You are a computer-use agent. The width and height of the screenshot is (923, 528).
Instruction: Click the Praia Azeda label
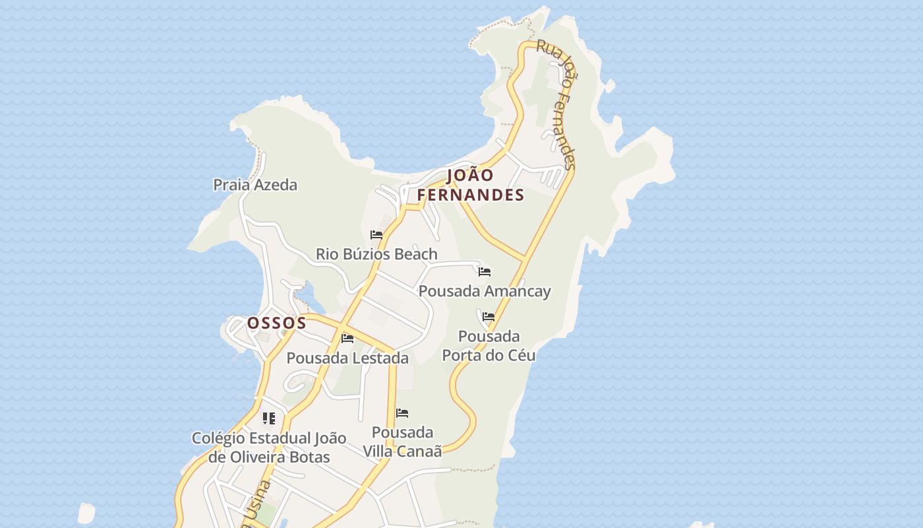(x=255, y=185)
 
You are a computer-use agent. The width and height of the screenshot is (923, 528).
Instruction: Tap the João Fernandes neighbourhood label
(x=471, y=185)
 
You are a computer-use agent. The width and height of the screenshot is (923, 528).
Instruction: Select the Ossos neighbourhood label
(x=277, y=323)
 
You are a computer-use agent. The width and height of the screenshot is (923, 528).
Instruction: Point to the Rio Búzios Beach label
(x=376, y=254)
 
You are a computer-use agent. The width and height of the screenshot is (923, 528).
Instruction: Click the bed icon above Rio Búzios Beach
(x=376, y=235)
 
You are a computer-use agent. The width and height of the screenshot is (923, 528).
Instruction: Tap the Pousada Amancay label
(x=485, y=291)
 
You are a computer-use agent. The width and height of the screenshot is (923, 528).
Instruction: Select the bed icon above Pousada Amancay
(x=485, y=271)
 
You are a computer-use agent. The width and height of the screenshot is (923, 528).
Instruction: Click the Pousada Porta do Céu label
(x=489, y=346)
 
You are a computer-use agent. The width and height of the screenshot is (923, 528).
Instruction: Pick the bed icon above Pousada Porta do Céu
(x=489, y=317)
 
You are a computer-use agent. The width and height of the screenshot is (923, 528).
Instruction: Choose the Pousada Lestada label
(x=347, y=358)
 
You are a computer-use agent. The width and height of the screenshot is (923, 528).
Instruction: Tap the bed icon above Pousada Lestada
(x=347, y=339)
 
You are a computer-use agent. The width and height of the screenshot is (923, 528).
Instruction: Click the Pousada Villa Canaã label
(x=402, y=442)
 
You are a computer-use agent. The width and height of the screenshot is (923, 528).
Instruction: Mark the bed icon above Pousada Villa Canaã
(x=402, y=414)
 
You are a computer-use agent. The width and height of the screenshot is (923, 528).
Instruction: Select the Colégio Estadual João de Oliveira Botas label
(x=269, y=447)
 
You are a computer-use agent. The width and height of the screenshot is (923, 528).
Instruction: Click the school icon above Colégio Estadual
(x=268, y=418)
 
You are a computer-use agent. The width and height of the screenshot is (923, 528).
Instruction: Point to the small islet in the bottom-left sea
(x=86, y=513)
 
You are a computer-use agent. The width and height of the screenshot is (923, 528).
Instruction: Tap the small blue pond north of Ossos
(x=311, y=296)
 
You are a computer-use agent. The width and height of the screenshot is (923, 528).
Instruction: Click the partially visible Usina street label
(x=256, y=505)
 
